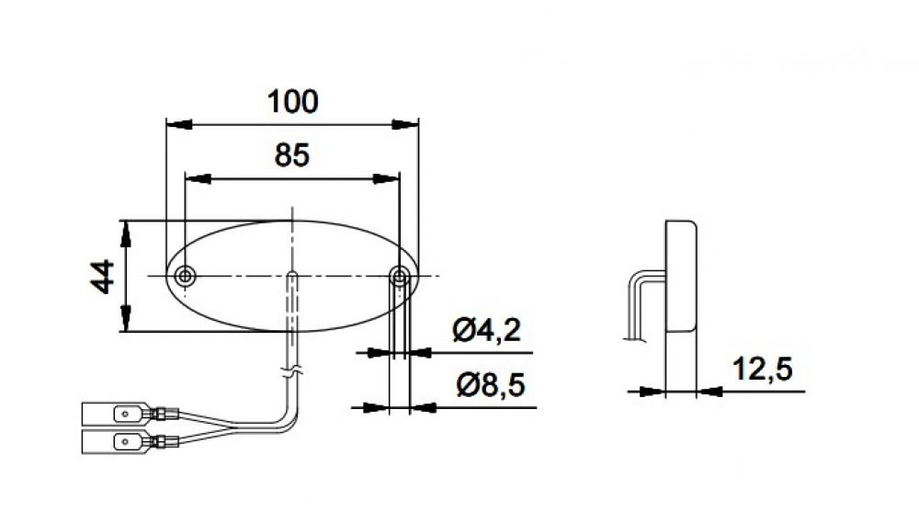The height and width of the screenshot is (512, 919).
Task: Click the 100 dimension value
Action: pyautogui.click(x=292, y=101)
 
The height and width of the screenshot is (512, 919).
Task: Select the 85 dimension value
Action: pyautogui.click(x=292, y=156)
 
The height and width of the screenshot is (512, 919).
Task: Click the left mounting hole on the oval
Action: pyautogui.click(x=186, y=276)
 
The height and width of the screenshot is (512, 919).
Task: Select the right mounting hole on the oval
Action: pyautogui.click(x=399, y=276)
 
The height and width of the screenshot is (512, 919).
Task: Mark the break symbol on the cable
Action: pyautogui.click(x=291, y=374)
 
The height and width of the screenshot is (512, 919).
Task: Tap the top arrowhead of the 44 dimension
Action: pyautogui.click(x=124, y=233)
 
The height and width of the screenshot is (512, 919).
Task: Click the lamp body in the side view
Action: pyautogui.click(x=680, y=276)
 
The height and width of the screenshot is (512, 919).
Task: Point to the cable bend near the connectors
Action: pyautogui.click(x=290, y=421)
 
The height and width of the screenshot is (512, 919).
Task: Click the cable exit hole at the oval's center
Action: pyautogui.click(x=291, y=276)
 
